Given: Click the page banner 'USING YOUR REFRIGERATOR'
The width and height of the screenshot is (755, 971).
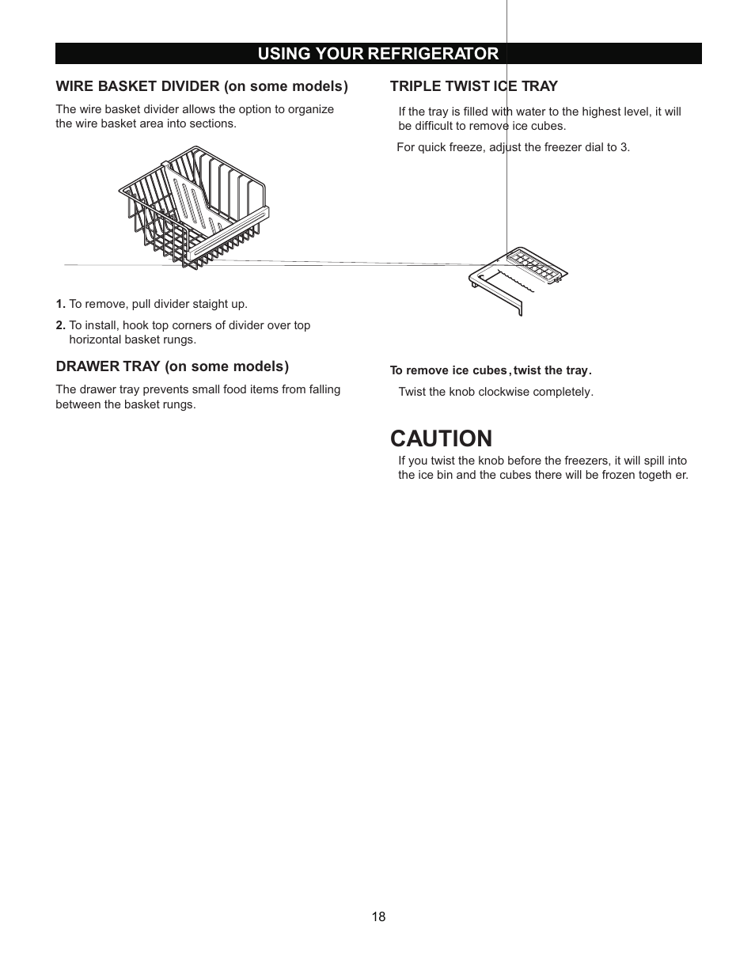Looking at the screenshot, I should [x=377, y=53].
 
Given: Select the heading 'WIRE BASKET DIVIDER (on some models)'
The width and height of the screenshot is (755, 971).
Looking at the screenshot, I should [x=202, y=85].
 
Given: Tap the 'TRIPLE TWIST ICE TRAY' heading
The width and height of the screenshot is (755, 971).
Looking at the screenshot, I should [x=473, y=85].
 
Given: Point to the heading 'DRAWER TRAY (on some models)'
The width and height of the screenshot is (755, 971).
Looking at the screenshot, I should [x=172, y=366].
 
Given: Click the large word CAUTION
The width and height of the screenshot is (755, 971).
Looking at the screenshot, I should [x=441, y=438].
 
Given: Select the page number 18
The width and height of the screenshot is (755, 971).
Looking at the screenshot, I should [x=378, y=916].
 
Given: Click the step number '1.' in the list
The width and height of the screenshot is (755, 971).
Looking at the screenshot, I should [x=60, y=304].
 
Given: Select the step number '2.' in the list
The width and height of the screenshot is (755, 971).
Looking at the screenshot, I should [x=60, y=325].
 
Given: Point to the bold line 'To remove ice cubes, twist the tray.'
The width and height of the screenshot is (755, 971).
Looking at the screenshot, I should [x=491, y=370].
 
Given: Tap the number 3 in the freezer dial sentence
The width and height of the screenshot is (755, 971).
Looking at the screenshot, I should [x=625, y=147].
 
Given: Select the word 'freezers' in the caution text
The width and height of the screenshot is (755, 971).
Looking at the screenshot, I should [x=576, y=461].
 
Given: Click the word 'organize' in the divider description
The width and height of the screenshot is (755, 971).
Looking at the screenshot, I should [x=310, y=109].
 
